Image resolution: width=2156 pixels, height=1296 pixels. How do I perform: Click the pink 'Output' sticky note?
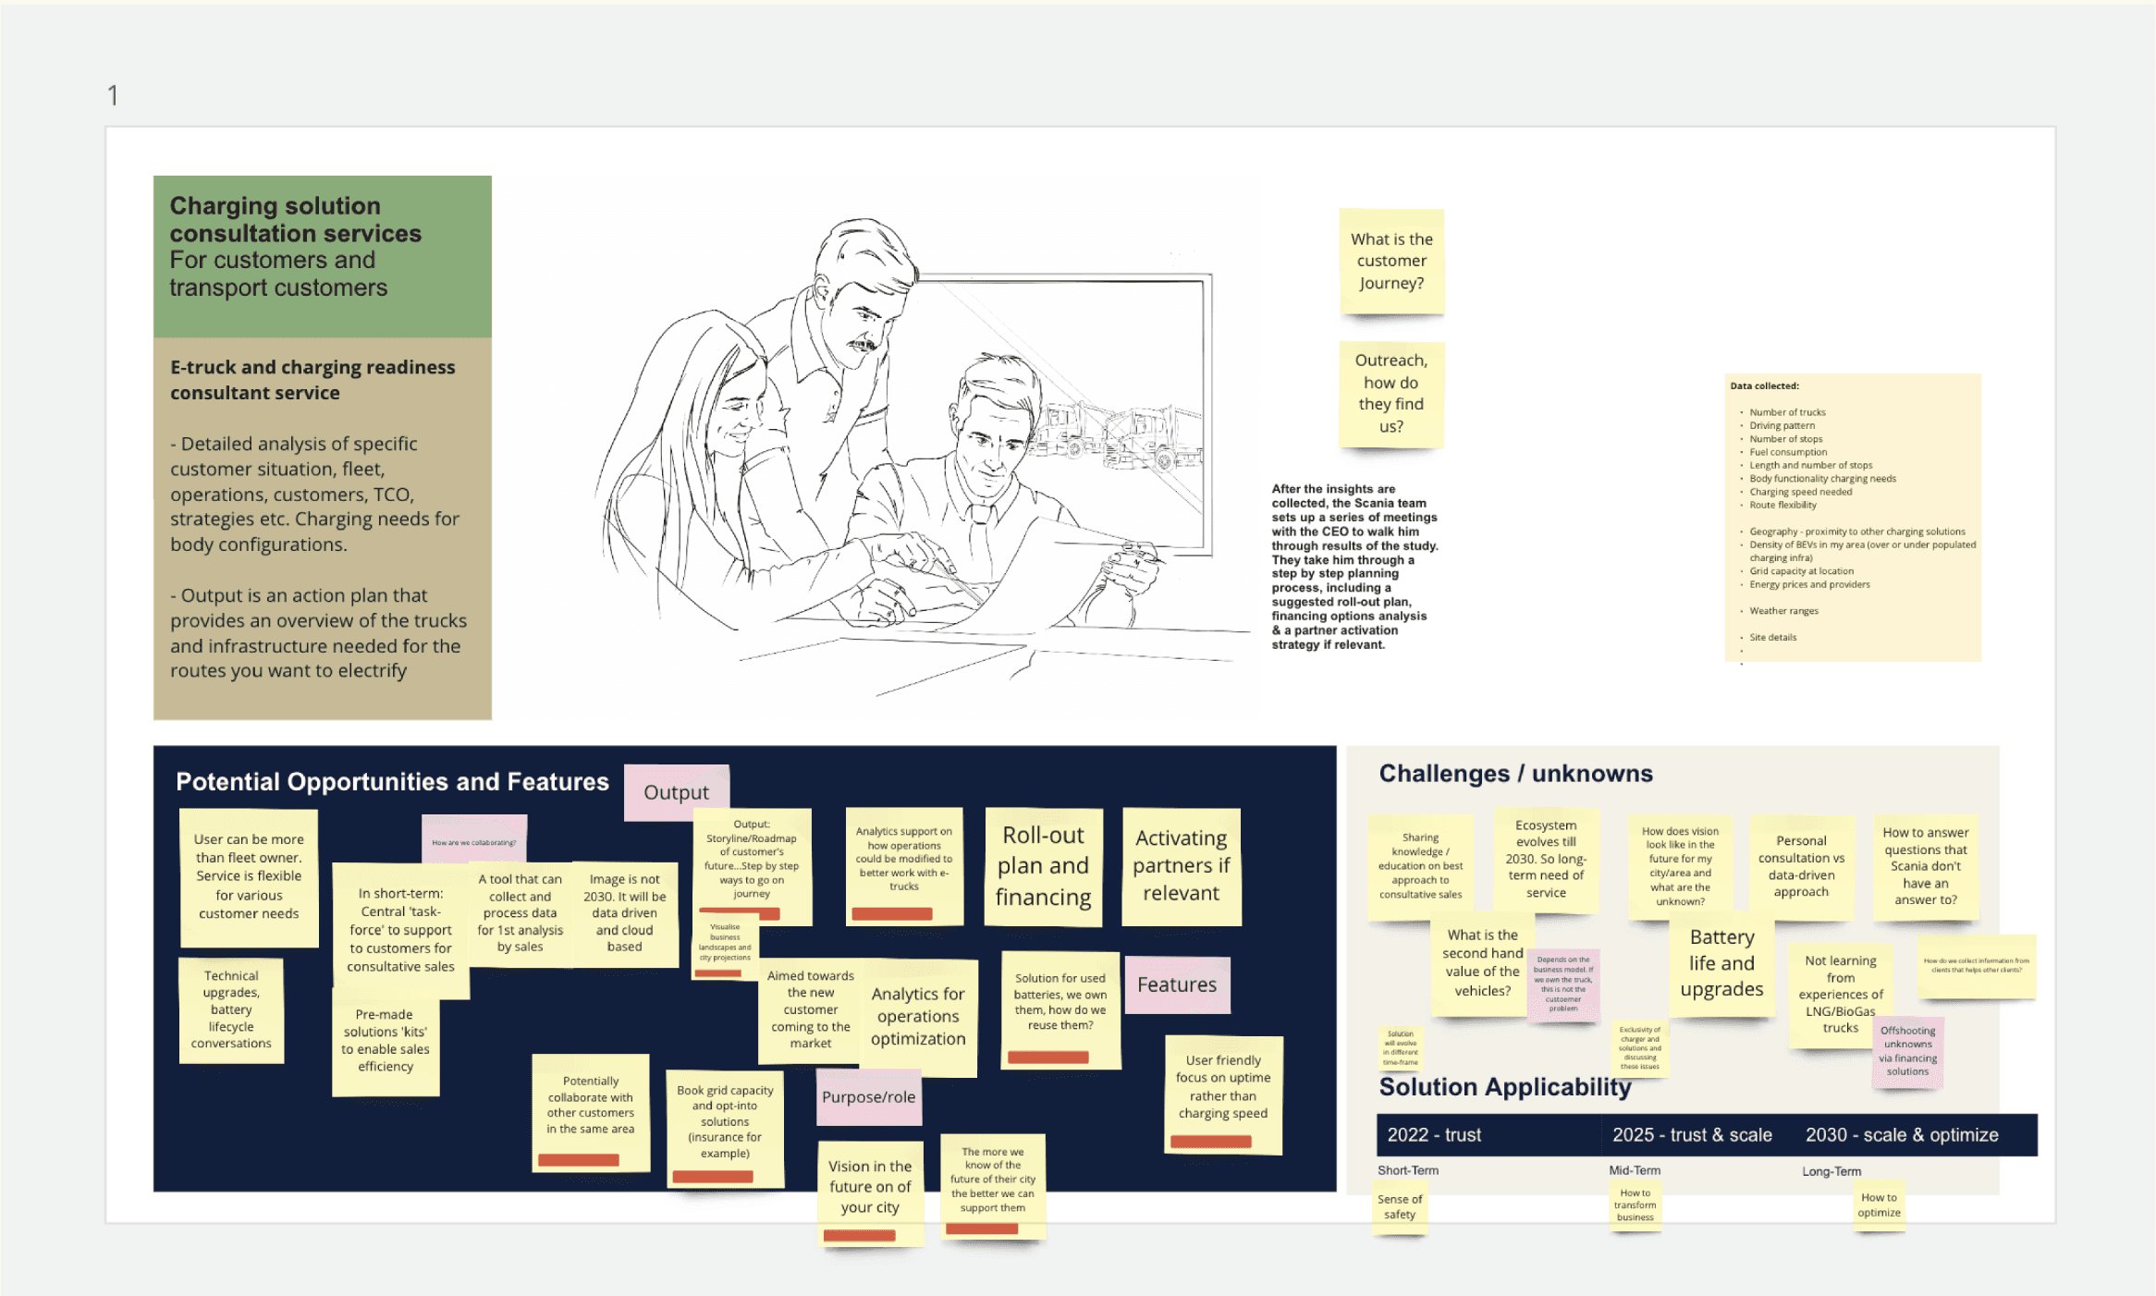(676, 792)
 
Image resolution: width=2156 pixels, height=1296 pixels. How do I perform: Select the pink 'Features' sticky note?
(1176, 984)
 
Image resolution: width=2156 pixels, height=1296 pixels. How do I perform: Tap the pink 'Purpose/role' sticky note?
(868, 1097)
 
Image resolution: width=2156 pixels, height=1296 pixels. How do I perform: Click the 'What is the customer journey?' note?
(1391, 262)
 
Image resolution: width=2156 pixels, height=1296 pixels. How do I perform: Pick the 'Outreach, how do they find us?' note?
(1390, 394)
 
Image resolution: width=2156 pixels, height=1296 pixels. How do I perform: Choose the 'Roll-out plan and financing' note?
(1043, 866)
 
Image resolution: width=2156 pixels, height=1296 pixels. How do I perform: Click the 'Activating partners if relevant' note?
(1181, 866)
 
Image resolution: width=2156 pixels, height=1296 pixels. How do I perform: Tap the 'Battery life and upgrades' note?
(1721, 963)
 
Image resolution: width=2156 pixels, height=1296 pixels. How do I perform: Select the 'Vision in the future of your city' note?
(870, 1187)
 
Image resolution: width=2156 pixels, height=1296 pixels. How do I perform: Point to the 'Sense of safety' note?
(1400, 1207)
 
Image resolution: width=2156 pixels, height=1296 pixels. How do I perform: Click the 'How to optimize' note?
(1879, 1205)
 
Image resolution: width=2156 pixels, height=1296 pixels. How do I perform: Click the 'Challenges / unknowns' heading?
(1515, 774)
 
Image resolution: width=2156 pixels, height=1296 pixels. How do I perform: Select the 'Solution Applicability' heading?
(1504, 1087)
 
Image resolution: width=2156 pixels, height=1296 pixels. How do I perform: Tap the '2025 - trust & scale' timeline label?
(1692, 1135)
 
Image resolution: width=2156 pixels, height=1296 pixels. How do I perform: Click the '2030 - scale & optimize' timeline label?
(1902, 1135)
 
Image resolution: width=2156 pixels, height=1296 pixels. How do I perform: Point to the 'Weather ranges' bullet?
(1783, 611)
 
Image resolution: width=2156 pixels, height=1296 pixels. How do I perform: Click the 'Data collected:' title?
(1764, 386)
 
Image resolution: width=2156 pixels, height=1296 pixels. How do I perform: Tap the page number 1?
(113, 95)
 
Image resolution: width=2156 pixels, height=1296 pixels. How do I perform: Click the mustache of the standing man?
(863, 345)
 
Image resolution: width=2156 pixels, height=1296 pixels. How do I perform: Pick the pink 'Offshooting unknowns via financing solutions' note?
(1907, 1051)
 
